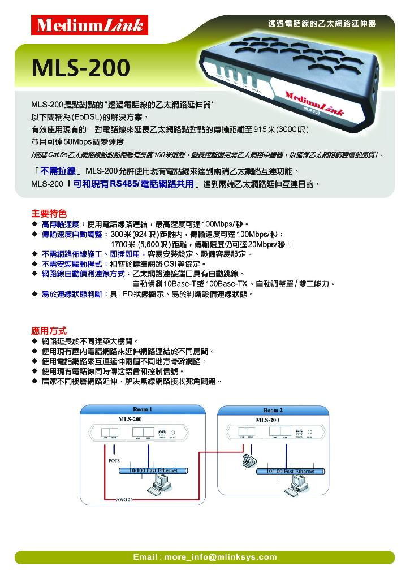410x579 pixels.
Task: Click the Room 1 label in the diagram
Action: point(143,409)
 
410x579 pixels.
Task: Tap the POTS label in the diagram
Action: point(114,460)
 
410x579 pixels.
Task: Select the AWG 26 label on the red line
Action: point(124,499)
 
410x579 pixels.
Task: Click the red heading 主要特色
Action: point(49,214)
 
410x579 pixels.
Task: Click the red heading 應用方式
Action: point(49,330)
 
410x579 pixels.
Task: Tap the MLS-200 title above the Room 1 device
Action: point(130,419)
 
